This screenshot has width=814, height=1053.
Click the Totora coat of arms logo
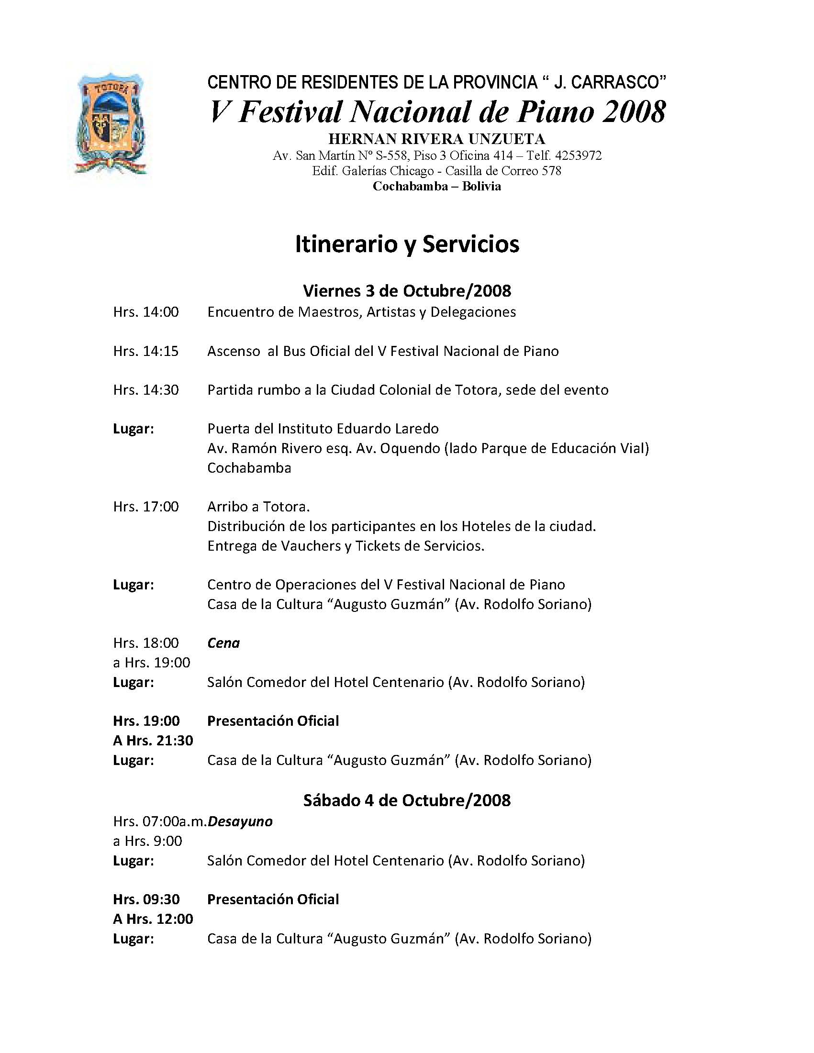(111, 124)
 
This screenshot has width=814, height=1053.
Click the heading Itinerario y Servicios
(407, 244)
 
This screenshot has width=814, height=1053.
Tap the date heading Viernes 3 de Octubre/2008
(406, 291)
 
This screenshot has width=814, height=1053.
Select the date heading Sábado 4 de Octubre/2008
(406, 800)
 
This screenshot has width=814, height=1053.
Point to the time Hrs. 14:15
(145, 351)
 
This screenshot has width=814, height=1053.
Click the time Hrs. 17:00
(145, 507)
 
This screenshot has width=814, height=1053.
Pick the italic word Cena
(223, 643)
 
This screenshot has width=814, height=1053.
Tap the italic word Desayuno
(240, 821)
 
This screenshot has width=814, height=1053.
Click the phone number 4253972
(578, 156)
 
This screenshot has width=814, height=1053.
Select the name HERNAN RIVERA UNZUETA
(436, 139)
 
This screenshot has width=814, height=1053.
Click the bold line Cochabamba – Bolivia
(436, 187)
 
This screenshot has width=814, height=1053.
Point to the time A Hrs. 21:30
(153, 741)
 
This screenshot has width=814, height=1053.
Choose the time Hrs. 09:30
(146, 900)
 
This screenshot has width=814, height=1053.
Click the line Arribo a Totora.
(258, 507)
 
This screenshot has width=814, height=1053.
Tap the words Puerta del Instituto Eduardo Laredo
(323, 429)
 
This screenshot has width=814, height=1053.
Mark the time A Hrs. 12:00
(153, 920)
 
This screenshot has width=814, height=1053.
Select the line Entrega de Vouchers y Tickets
(346, 546)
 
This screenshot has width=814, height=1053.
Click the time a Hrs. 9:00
(147, 842)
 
